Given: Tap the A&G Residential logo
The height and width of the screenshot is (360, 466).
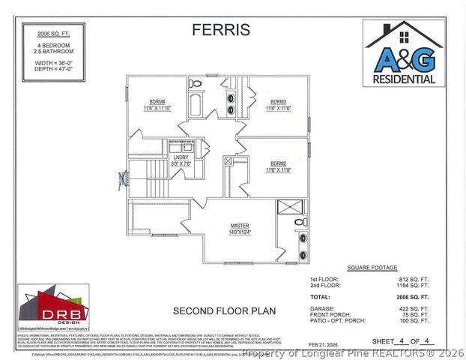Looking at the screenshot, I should [x=405, y=54].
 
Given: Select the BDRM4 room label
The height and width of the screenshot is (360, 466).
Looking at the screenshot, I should [x=157, y=102].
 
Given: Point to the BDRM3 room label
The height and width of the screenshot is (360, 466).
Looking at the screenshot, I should [x=279, y=101].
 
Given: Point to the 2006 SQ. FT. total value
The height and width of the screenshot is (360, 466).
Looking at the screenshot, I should [x=413, y=297].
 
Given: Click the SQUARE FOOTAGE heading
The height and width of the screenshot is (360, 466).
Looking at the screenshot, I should [x=372, y=268].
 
